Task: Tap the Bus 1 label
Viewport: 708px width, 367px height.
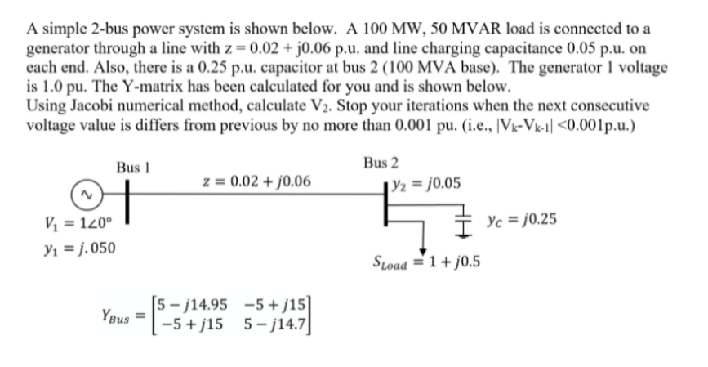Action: (x=131, y=167)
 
